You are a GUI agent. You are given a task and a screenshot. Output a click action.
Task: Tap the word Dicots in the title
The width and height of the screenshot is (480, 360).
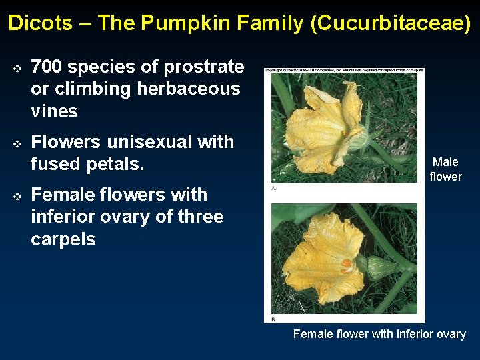[40, 23]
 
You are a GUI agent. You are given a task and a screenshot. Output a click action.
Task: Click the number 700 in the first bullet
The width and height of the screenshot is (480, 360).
[47, 67]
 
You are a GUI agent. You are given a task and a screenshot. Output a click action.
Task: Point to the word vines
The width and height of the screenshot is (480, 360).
[54, 111]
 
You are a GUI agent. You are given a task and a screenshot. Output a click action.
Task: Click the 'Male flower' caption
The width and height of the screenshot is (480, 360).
[445, 169]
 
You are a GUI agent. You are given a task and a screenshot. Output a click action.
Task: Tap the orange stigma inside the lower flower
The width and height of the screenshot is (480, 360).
[347, 263]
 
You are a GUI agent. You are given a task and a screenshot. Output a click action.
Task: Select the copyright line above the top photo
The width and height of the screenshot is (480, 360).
[344, 69]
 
